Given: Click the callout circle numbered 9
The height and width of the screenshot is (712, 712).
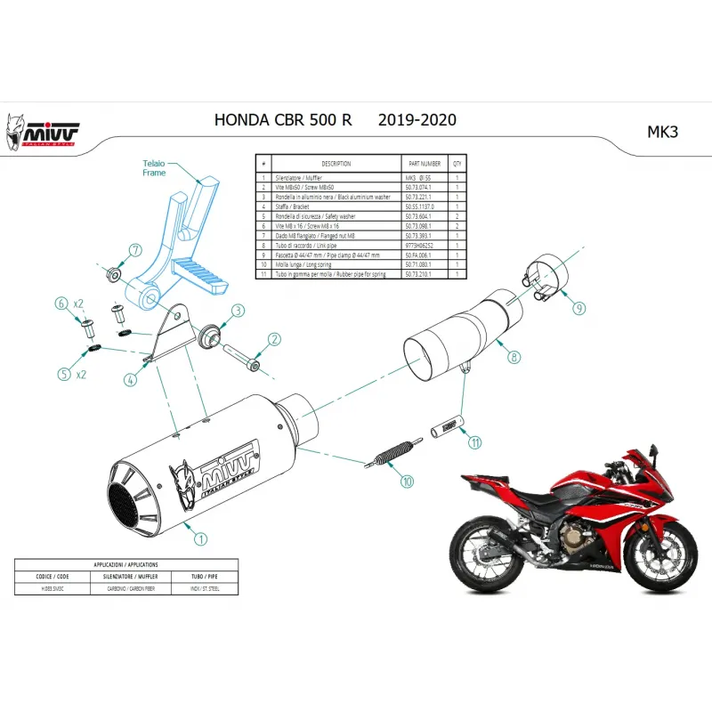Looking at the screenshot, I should point(578,308).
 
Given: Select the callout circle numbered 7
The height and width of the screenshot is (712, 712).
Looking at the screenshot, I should point(135,249).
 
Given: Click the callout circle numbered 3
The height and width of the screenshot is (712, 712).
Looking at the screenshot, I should point(238,311).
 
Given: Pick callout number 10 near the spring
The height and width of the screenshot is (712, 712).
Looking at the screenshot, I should point(407,481).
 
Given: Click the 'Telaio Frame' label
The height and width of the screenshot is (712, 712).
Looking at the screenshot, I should point(154,168).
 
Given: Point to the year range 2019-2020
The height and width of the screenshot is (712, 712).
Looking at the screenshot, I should point(417,120).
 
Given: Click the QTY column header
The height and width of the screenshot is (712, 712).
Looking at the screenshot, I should point(457,165).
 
